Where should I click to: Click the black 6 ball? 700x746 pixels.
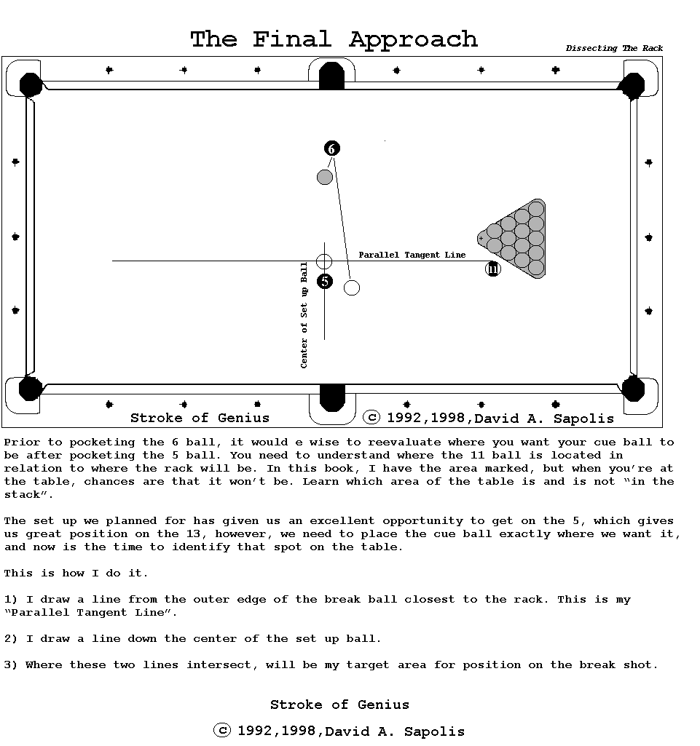331,149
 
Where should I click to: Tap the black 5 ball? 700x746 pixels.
325,281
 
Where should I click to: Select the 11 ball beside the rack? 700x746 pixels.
493,269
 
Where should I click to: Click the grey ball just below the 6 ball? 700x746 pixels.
325,177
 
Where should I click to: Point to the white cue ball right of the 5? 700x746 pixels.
352,287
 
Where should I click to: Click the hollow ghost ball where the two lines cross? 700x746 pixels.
324,261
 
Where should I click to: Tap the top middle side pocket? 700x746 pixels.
331,76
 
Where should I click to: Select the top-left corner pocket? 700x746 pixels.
30,84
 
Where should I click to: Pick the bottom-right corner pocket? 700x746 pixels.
633,388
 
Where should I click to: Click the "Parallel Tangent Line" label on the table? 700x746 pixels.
412,255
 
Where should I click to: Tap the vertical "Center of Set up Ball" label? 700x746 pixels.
304,315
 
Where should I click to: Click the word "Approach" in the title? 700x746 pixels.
413,39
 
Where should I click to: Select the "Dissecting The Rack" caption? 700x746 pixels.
614,49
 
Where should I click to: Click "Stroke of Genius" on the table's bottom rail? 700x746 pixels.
200,418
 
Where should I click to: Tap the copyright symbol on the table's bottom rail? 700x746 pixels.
371,417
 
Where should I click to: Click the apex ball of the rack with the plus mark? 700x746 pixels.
481,238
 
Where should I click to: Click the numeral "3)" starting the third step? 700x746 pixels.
11,664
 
